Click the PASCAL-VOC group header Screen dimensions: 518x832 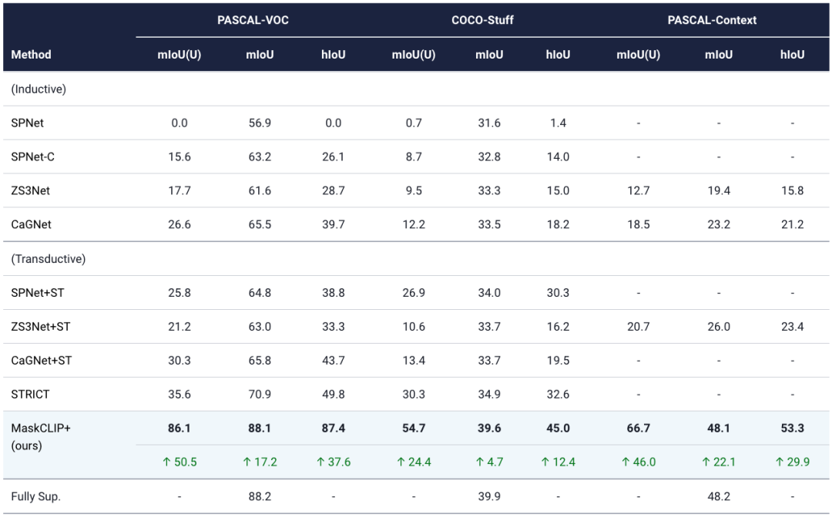click(x=253, y=20)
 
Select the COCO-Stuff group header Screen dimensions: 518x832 click(x=482, y=20)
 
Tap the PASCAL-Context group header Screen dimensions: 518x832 click(x=712, y=20)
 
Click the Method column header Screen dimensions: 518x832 click(x=32, y=55)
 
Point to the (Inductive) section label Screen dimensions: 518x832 click(x=39, y=89)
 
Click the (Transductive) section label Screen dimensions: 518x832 click(x=48, y=259)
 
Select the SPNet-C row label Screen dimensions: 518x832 click(x=32, y=156)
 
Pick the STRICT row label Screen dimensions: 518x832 click(x=30, y=394)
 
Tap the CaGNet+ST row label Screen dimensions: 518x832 click(x=42, y=360)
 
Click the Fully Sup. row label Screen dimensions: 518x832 click(x=35, y=496)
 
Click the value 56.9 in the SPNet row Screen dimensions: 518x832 click(x=259, y=123)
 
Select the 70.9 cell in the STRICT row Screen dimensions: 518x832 click(x=259, y=394)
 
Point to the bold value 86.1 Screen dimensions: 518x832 click(x=179, y=428)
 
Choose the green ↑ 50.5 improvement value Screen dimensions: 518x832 click(x=179, y=462)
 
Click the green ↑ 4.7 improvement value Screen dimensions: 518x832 click(x=489, y=462)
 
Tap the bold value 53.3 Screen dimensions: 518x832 click(x=792, y=428)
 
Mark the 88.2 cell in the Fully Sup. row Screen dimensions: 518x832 click(x=259, y=496)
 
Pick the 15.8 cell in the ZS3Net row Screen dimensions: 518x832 click(x=792, y=190)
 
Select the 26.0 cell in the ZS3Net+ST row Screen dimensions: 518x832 click(x=719, y=326)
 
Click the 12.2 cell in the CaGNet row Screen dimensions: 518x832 click(x=414, y=224)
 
